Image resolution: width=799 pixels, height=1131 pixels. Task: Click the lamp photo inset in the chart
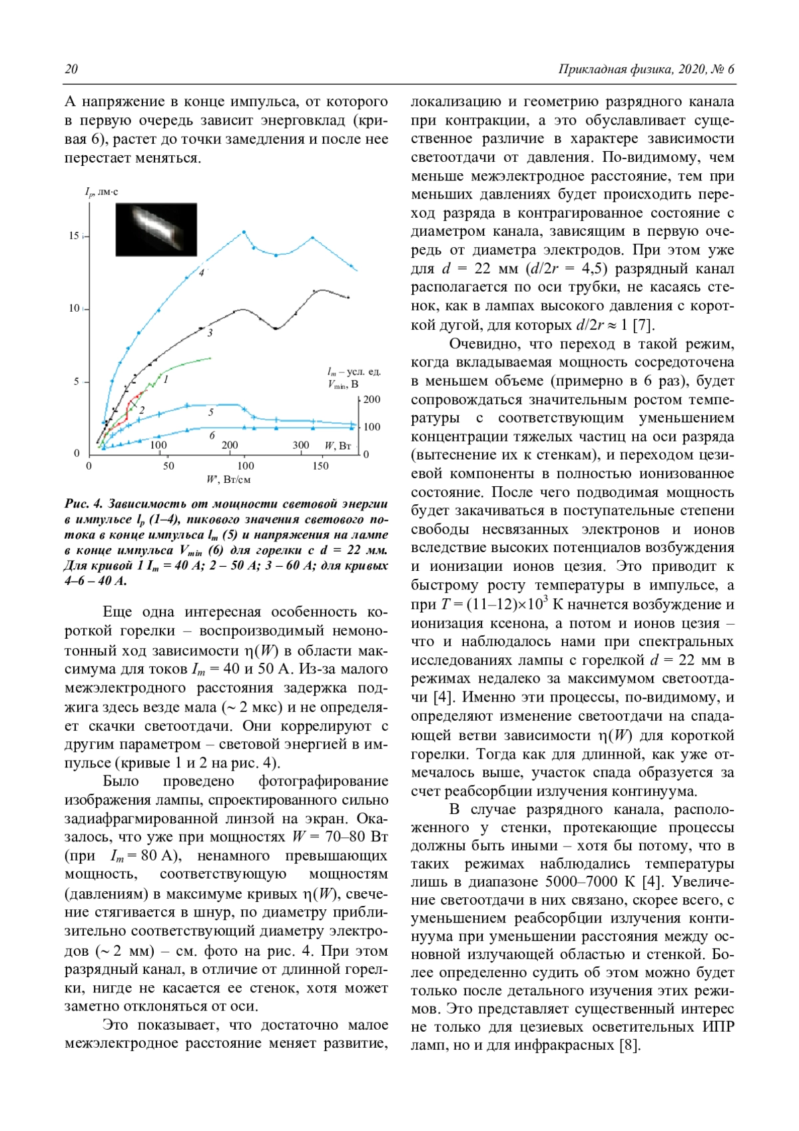(156, 229)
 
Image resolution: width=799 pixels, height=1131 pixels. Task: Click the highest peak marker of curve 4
(244, 232)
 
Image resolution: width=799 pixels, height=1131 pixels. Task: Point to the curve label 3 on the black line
(210, 332)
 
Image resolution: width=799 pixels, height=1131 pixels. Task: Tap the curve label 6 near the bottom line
(212, 435)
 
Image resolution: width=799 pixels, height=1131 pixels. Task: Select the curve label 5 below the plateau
(210, 412)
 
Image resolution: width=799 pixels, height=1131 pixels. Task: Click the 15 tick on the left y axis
(74, 236)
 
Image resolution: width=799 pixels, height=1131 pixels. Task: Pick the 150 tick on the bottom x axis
(320, 466)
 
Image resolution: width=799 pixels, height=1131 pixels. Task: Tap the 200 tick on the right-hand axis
(372, 400)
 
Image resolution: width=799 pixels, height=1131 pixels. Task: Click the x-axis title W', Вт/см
(228, 480)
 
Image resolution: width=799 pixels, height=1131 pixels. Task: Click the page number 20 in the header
(71, 69)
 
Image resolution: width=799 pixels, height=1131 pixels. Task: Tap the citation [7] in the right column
(643, 325)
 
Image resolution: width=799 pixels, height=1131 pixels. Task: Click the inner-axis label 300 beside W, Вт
(301, 445)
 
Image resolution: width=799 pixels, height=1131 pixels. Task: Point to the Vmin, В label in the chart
(343, 384)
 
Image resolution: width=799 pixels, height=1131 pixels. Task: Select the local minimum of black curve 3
(276, 328)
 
